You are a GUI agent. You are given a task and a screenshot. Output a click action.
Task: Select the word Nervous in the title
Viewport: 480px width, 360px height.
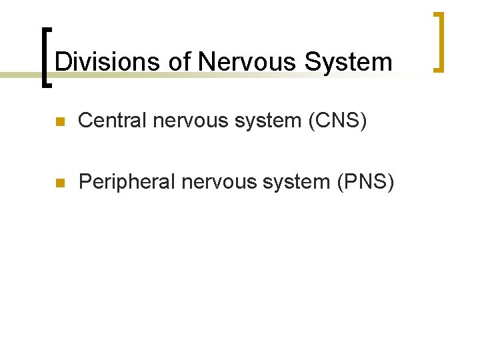[247, 62]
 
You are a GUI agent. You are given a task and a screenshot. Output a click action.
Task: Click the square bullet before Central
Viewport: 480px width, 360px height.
[60, 123]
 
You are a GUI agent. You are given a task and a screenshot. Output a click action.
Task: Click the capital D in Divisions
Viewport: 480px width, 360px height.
[63, 62]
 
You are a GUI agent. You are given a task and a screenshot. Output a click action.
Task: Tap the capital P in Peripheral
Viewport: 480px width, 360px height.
[85, 181]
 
